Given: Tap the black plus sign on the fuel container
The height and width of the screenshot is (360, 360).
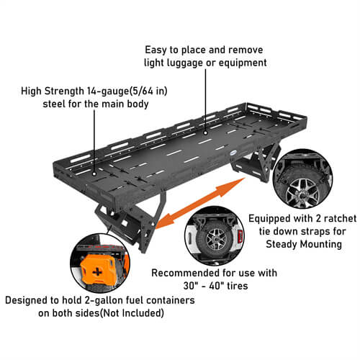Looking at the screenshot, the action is pyautogui.click(x=97, y=272).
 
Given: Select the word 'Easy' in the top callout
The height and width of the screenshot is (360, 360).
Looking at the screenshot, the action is pyautogui.click(x=156, y=50).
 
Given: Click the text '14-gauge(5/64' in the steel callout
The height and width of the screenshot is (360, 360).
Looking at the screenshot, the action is pyautogui.click(x=120, y=91).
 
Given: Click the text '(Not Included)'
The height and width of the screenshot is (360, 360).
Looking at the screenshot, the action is pyautogui.click(x=132, y=313).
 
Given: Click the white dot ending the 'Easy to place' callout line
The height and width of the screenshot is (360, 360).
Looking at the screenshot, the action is pyautogui.click(x=205, y=132).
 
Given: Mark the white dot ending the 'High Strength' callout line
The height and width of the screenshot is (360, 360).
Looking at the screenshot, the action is pyautogui.click(x=94, y=174).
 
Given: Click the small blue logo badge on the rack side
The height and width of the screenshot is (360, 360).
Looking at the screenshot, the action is pyautogui.click(x=234, y=154).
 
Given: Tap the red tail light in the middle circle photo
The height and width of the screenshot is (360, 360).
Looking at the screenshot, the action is pyautogui.click(x=240, y=235).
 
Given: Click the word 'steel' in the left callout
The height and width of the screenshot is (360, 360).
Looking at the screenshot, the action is pyautogui.click(x=54, y=104).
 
